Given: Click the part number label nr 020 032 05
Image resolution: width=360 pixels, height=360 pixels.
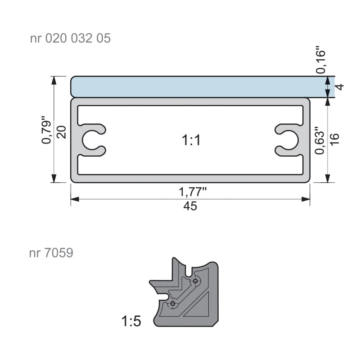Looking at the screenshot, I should point(70,38).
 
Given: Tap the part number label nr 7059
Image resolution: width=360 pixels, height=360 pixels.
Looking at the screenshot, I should point(51,253).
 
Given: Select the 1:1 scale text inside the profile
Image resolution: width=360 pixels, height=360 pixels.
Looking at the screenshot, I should point(191,141).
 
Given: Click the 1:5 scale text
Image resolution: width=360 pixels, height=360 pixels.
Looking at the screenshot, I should point(131,321).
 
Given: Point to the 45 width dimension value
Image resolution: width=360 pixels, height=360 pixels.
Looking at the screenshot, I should point(191,207).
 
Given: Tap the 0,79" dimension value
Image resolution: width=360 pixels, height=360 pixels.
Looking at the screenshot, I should point(46,131).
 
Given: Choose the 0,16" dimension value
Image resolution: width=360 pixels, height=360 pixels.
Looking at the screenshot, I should point(320,61).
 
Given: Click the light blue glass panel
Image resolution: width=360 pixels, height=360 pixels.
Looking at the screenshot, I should point(198,86).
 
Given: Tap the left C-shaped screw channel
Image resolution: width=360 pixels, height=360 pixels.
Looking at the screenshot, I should point(92,140).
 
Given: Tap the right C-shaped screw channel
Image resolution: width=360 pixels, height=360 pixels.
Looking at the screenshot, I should point(288,140).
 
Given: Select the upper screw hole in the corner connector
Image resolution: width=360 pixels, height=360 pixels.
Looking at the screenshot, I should point(195,281).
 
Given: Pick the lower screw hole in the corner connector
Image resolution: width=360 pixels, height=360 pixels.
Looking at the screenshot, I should point(173,304).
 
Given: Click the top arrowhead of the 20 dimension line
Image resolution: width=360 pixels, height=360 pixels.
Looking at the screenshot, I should point(54,80).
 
